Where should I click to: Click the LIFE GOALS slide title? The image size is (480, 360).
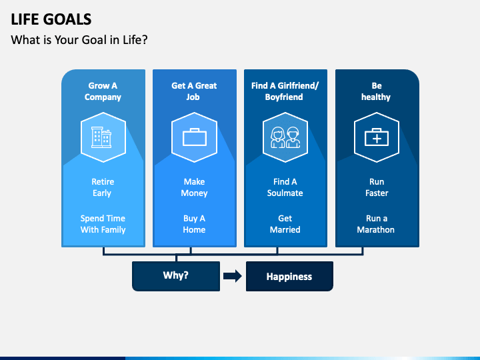coord(51,19)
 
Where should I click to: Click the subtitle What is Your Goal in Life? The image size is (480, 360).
coord(79,40)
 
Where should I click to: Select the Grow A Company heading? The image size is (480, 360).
coord(103,91)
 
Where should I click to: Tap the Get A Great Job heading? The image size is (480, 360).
coord(194,91)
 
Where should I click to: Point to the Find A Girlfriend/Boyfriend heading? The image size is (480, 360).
coord(285,91)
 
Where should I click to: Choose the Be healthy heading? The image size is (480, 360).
coord(376,91)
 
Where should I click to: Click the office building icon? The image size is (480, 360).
coord(101,137)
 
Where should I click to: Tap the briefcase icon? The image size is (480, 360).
coord(195,137)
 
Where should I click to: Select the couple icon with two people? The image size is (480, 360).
coord(285,137)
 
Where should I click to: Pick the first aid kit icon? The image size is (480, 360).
coord(377,137)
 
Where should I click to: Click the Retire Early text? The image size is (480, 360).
coord(103,187)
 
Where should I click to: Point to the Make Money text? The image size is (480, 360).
coord(194,187)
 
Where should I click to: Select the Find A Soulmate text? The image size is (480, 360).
coord(285,187)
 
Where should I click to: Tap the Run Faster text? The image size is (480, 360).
coord(377,187)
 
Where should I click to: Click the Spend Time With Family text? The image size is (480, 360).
coord(103,224)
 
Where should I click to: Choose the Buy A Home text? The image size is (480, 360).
coord(194,224)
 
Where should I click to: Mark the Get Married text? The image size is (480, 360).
coord(285,224)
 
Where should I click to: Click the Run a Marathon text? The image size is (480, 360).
coord(376,224)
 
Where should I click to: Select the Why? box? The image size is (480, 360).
coord(176,276)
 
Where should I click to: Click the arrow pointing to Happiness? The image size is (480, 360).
coord(233,276)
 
